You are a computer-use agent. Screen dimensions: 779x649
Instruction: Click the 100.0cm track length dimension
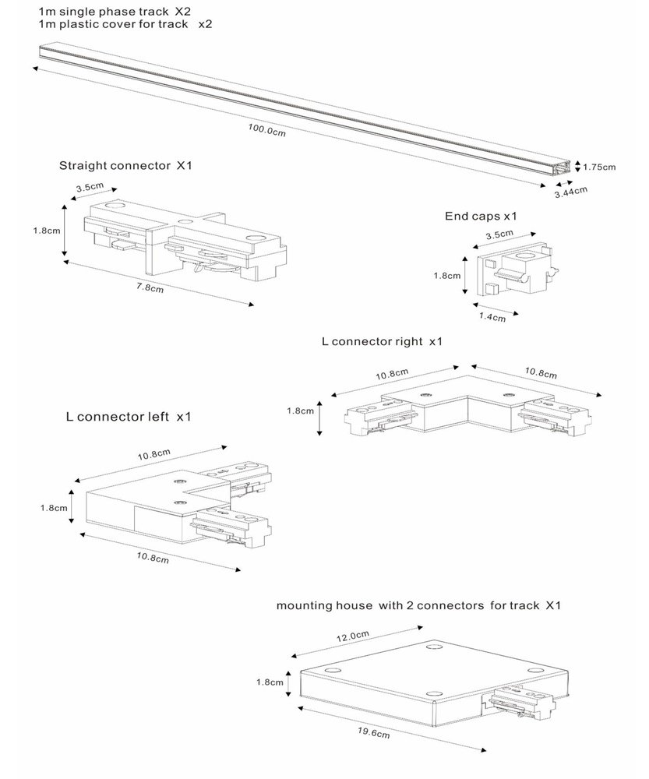pos(267,131)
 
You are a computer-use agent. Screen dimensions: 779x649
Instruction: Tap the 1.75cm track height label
pos(599,167)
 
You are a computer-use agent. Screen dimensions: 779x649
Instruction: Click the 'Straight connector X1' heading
pos(125,166)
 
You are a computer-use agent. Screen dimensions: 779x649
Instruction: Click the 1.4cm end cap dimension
pos(492,317)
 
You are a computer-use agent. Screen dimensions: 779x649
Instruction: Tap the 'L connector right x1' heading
pos(381,341)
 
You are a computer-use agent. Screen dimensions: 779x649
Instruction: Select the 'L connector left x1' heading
pos(129,418)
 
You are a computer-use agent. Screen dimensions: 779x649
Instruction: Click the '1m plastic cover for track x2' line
pos(125,25)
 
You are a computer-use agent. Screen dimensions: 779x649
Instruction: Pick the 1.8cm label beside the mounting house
pos(270,682)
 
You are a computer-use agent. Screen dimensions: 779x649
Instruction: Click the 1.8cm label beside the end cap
pos(446,274)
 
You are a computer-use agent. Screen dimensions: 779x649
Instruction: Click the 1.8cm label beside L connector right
pos(301,411)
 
